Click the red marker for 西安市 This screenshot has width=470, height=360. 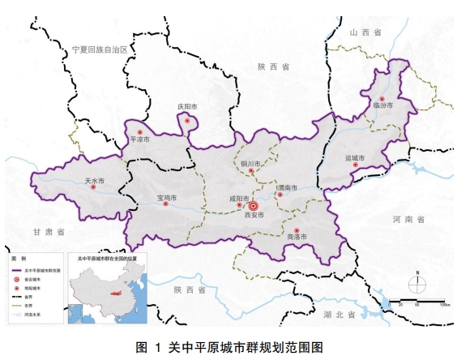coord(253,206)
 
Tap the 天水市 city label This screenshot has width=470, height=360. coord(93,180)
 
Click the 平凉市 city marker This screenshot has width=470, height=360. coord(140,131)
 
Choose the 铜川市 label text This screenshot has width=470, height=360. coord(252,163)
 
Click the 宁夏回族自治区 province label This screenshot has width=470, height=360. coord(100,49)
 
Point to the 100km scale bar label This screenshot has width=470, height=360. coord(444,305)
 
